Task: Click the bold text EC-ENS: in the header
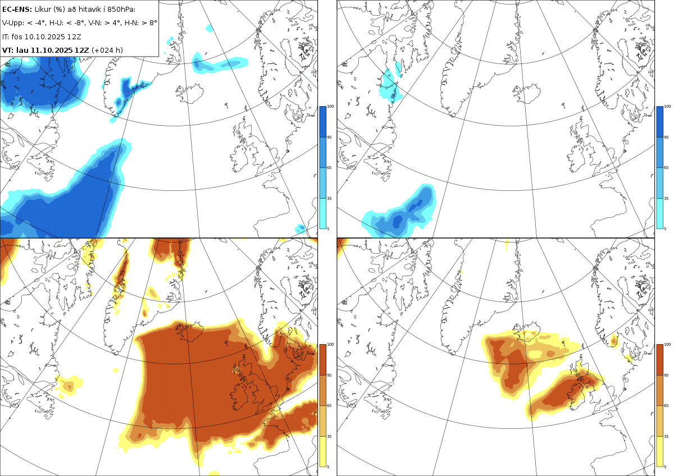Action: (x=17, y=10)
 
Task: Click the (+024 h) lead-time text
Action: (x=107, y=50)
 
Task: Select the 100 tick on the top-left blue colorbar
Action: (x=330, y=107)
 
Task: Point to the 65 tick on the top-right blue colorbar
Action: (x=666, y=167)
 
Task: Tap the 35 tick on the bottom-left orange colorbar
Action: (x=329, y=436)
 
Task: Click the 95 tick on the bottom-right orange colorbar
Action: (x=666, y=376)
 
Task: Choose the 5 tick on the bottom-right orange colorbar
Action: (x=665, y=466)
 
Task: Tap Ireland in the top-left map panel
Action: (x=239, y=158)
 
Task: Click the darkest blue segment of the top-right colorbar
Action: (x=660, y=121)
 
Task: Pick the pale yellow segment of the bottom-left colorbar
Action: (x=322, y=451)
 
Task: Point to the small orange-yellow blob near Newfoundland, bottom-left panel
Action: (x=70, y=386)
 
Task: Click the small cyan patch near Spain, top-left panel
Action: (x=300, y=228)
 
